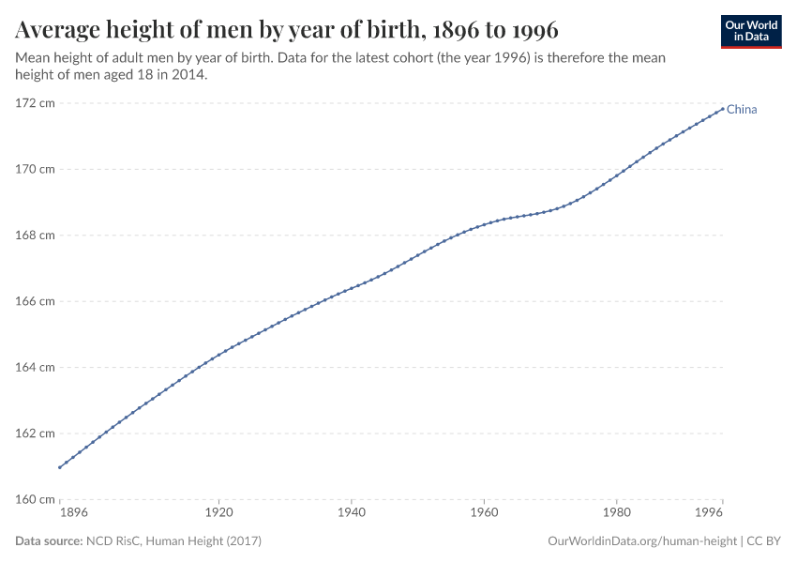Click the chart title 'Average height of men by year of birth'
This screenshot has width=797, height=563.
(x=287, y=31)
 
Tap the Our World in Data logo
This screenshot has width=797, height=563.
(x=750, y=31)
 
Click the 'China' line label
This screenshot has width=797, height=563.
(x=742, y=110)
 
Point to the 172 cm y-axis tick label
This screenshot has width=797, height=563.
(x=35, y=103)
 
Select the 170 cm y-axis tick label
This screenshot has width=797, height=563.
(x=35, y=169)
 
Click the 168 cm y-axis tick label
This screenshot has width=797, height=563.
(x=35, y=235)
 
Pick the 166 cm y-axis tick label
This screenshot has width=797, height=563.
(x=35, y=301)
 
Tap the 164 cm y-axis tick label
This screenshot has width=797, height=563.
(x=35, y=367)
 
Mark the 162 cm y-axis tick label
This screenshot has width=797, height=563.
(x=35, y=433)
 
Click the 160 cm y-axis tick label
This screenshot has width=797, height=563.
(x=35, y=498)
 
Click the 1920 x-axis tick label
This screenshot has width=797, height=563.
(x=218, y=514)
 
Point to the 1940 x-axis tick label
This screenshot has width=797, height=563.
(x=351, y=514)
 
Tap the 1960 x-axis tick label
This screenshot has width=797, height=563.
(x=484, y=514)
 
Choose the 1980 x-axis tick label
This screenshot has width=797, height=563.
(x=616, y=514)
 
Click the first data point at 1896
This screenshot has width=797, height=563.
(x=59, y=467)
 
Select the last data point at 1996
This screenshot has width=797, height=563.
(x=722, y=108)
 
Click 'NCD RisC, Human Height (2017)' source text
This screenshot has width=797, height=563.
(x=173, y=541)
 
